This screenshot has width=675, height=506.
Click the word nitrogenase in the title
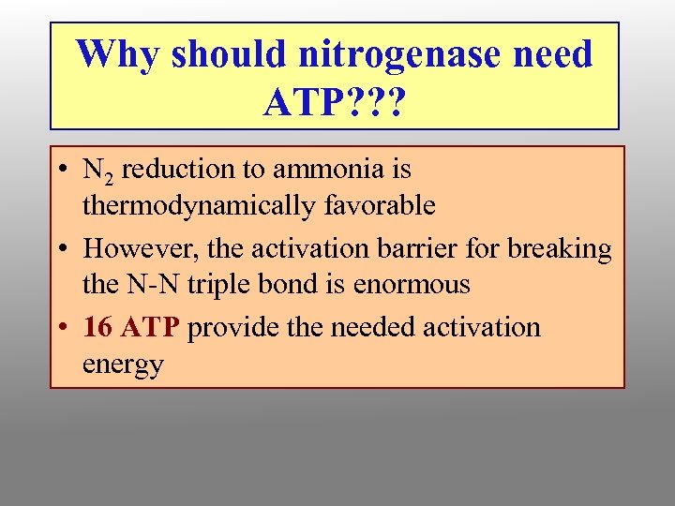[x=406, y=53]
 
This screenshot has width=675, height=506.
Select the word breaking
[x=560, y=250]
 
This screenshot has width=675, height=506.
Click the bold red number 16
[x=97, y=328]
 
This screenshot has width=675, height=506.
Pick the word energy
[x=123, y=364]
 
